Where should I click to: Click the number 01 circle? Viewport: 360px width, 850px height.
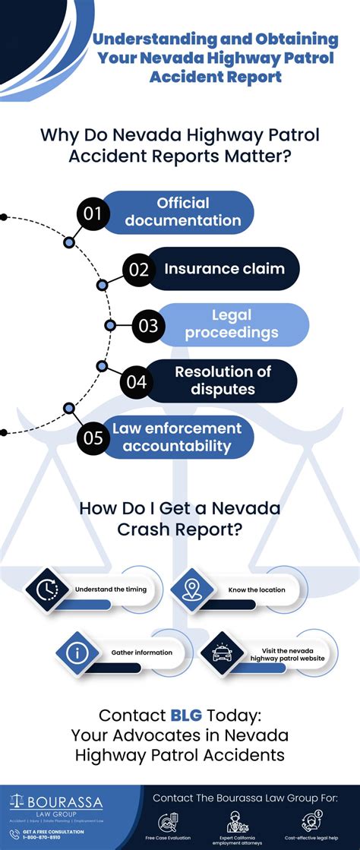pyautogui.click(x=93, y=213)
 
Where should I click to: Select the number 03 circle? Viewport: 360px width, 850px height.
pyautogui.click(x=148, y=327)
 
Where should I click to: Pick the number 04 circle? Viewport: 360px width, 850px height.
pyautogui.click(x=137, y=381)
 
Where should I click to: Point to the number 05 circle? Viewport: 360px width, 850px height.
pyautogui.click(x=93, y=438)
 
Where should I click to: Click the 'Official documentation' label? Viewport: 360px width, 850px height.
pyautogui.click(x=183, y=212)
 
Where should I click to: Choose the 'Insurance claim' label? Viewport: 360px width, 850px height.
pyautogui.click(x=224, y=268)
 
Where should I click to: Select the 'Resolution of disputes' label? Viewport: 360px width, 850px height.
pyautogui.click(x=223, y=381)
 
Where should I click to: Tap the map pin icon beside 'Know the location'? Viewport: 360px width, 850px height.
pyautogui.click(x=191, y=589)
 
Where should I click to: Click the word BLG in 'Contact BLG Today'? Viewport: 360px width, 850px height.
pyautogui.click(x=187, y=715)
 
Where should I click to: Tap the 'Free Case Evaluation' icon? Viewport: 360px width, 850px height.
pyautogui.click(x=168, y=821)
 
